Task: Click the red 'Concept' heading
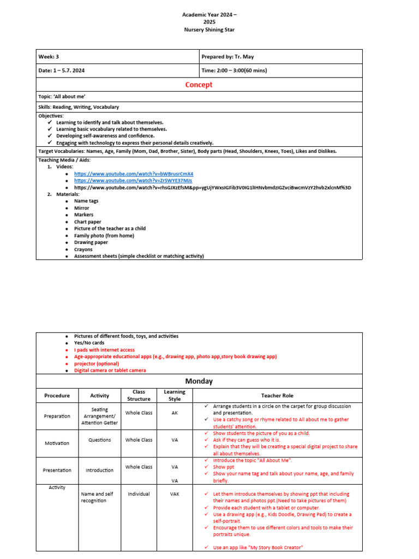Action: click(x=199, y=85)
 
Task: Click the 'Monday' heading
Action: click(x=199, y=381)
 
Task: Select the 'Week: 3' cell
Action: click(x=49, y=57)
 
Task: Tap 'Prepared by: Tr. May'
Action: click(x=228, y=57)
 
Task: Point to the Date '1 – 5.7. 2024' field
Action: click(x=61, y=70)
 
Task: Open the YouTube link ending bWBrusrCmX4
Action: click(x=134, y=174)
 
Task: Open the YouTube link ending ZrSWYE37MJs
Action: click(x=133, y=180)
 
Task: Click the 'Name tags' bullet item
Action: click(x=86, y=201)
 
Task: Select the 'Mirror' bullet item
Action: click(x=82, y=208)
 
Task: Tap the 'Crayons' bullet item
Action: click(x=83, y=249)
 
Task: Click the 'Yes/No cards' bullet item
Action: click(x=89, y=343)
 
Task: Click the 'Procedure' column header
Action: click(x=57, y=396)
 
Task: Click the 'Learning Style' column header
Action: click(x=175, y=395)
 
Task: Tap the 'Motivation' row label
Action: click(x=57, y=443)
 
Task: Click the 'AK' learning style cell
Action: click(x=175, y=413)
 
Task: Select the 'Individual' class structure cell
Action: click(x=139, y=494)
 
